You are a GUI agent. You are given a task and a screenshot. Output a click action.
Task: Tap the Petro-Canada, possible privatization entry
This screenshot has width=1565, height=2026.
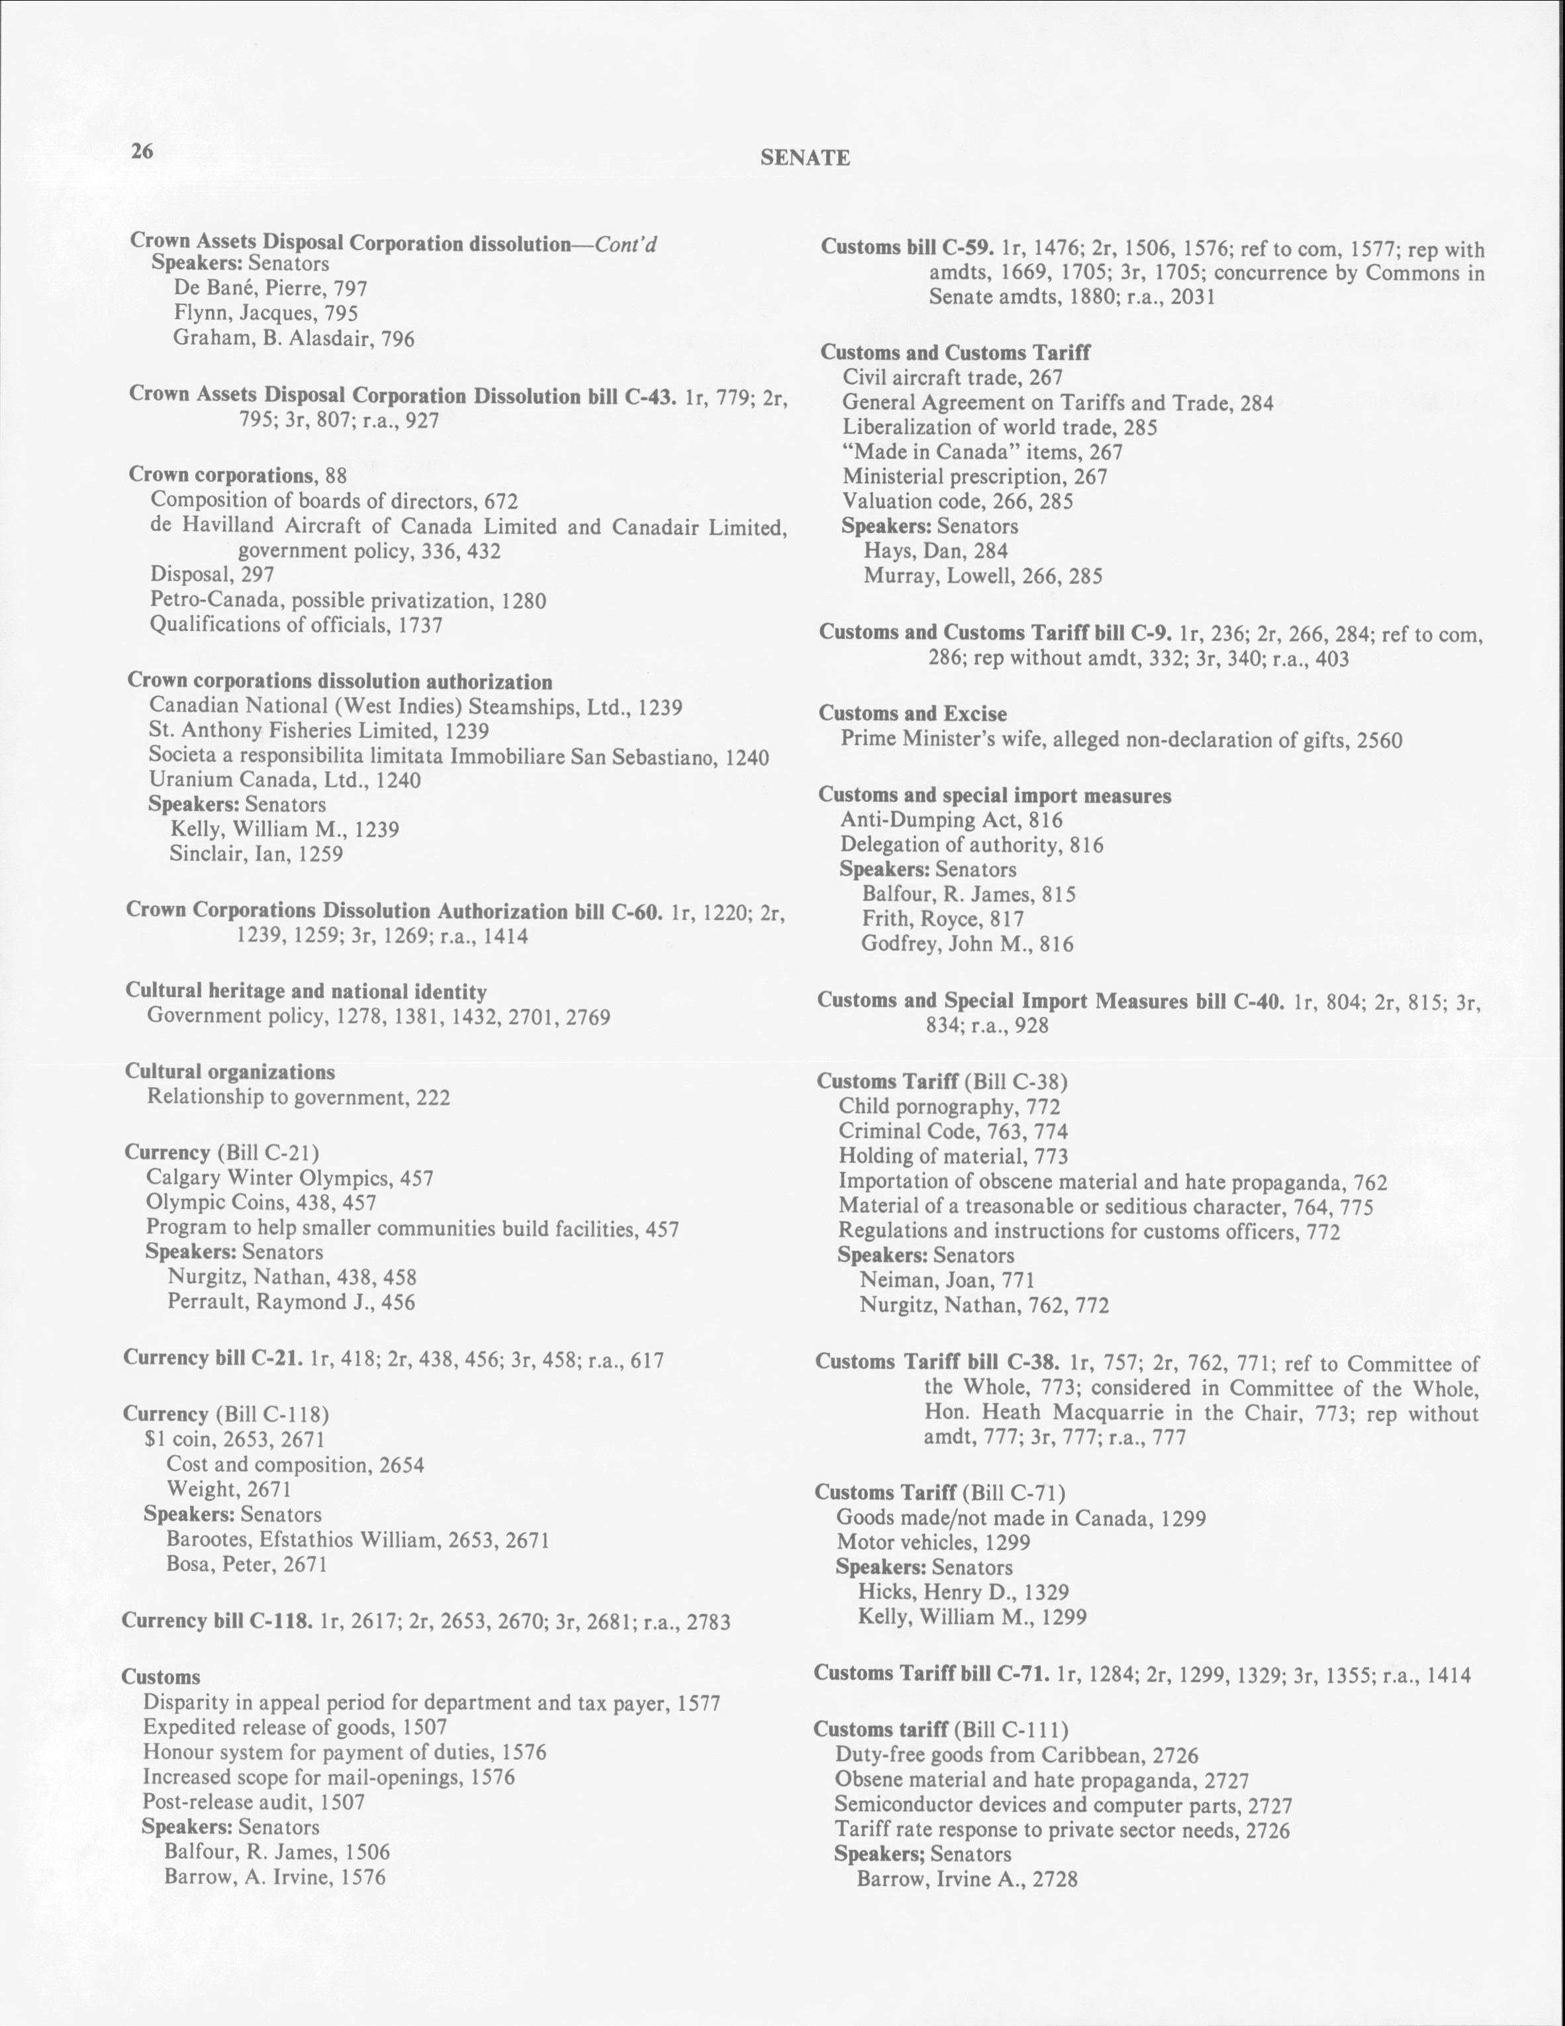[x=348, y=601]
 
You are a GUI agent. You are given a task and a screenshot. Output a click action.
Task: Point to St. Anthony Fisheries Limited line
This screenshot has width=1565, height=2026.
[x=319, y=732]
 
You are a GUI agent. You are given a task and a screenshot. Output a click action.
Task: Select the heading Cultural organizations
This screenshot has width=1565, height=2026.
[x=230, y=1073]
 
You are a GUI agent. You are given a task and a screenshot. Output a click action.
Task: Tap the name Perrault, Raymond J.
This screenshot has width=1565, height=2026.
[x=291, y=1302]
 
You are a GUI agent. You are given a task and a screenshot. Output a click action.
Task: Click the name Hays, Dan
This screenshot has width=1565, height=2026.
[x=936, y=551]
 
